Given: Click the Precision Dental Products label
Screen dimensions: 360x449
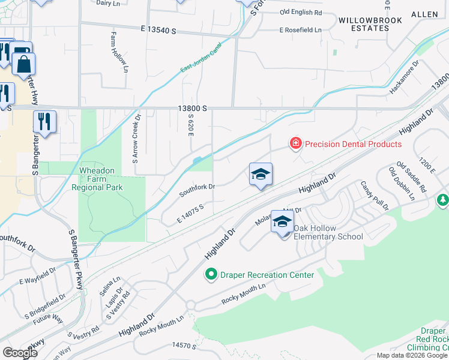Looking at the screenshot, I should (353, 144).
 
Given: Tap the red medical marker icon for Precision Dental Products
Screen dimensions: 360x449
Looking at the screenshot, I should (295, 143).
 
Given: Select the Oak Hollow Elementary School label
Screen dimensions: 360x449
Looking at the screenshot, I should (328, 232).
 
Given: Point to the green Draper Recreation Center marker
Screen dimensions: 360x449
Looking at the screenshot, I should (211, 275).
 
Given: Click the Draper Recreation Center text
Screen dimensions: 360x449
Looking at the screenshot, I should (267, 275).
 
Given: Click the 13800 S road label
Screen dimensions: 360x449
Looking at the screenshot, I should (192, 109).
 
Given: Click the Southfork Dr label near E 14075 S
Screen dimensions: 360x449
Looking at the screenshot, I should (197, 190).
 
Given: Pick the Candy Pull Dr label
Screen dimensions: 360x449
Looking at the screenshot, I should (374, 196).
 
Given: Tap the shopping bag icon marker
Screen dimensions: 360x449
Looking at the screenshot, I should (23, 64).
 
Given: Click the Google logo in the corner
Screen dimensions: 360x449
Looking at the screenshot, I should (20, 353).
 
